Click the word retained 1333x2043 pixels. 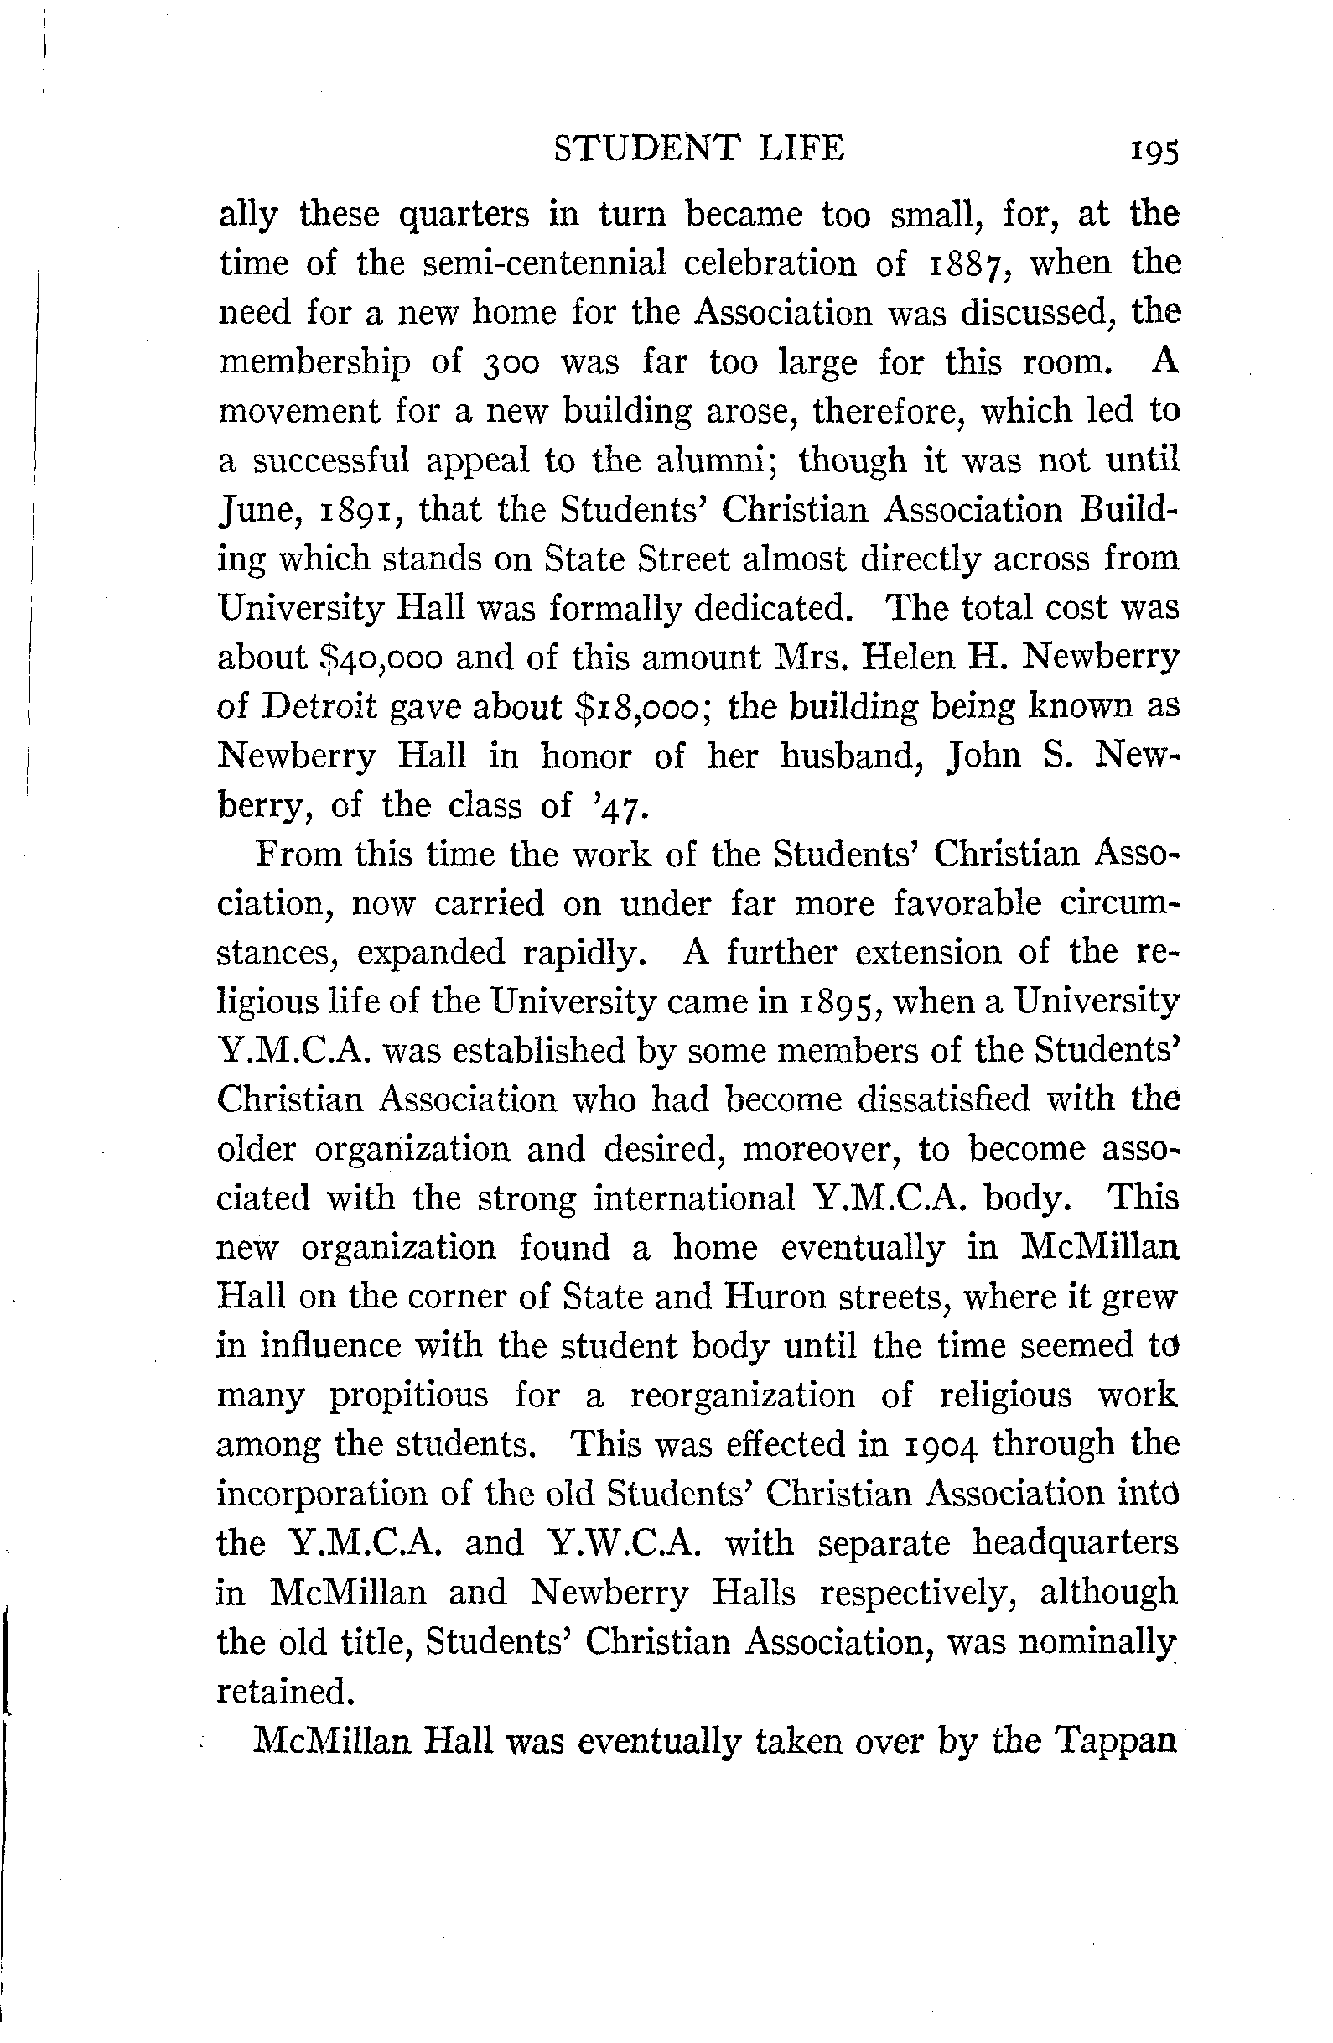[x=284, y=1691]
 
